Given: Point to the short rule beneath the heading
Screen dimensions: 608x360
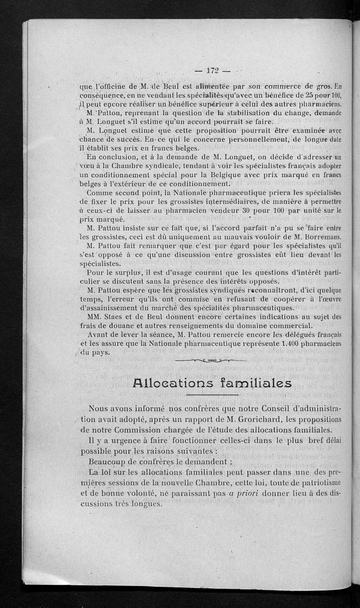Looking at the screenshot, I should coord(211,395).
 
